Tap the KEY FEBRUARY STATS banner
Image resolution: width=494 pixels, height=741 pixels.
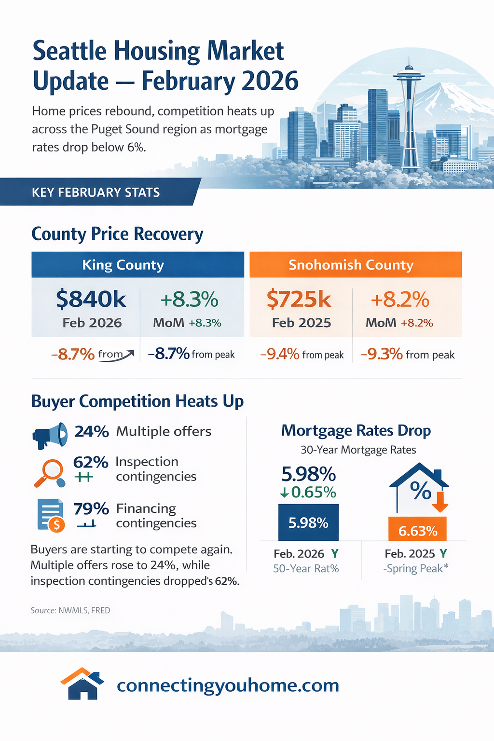click(x=96, y=192)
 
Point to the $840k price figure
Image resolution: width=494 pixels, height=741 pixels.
click(x=91, y=300)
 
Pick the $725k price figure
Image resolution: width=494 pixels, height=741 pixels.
click(x=299, y=300)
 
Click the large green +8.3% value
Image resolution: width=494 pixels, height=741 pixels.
click(x=189, y=300)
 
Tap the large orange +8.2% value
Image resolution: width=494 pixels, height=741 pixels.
click(x=400, y=300)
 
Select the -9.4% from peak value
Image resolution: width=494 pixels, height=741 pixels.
click(x=280, y=355)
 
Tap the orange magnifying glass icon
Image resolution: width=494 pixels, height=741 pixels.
click(x=50, y=472)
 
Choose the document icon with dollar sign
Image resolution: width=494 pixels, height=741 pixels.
click(x=51, y=515)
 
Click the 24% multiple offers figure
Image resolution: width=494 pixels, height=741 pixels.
click(x=92, y=431)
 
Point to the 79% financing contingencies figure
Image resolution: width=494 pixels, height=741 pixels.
click(x=91, y=508)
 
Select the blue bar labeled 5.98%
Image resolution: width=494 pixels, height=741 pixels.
click(x=308, y=522)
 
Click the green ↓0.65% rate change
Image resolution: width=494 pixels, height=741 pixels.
click(x=308, y=492)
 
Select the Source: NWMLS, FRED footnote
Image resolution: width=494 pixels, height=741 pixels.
click(x=70, y=610)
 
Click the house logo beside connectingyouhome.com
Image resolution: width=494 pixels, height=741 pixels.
click(x=82, y=684)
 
